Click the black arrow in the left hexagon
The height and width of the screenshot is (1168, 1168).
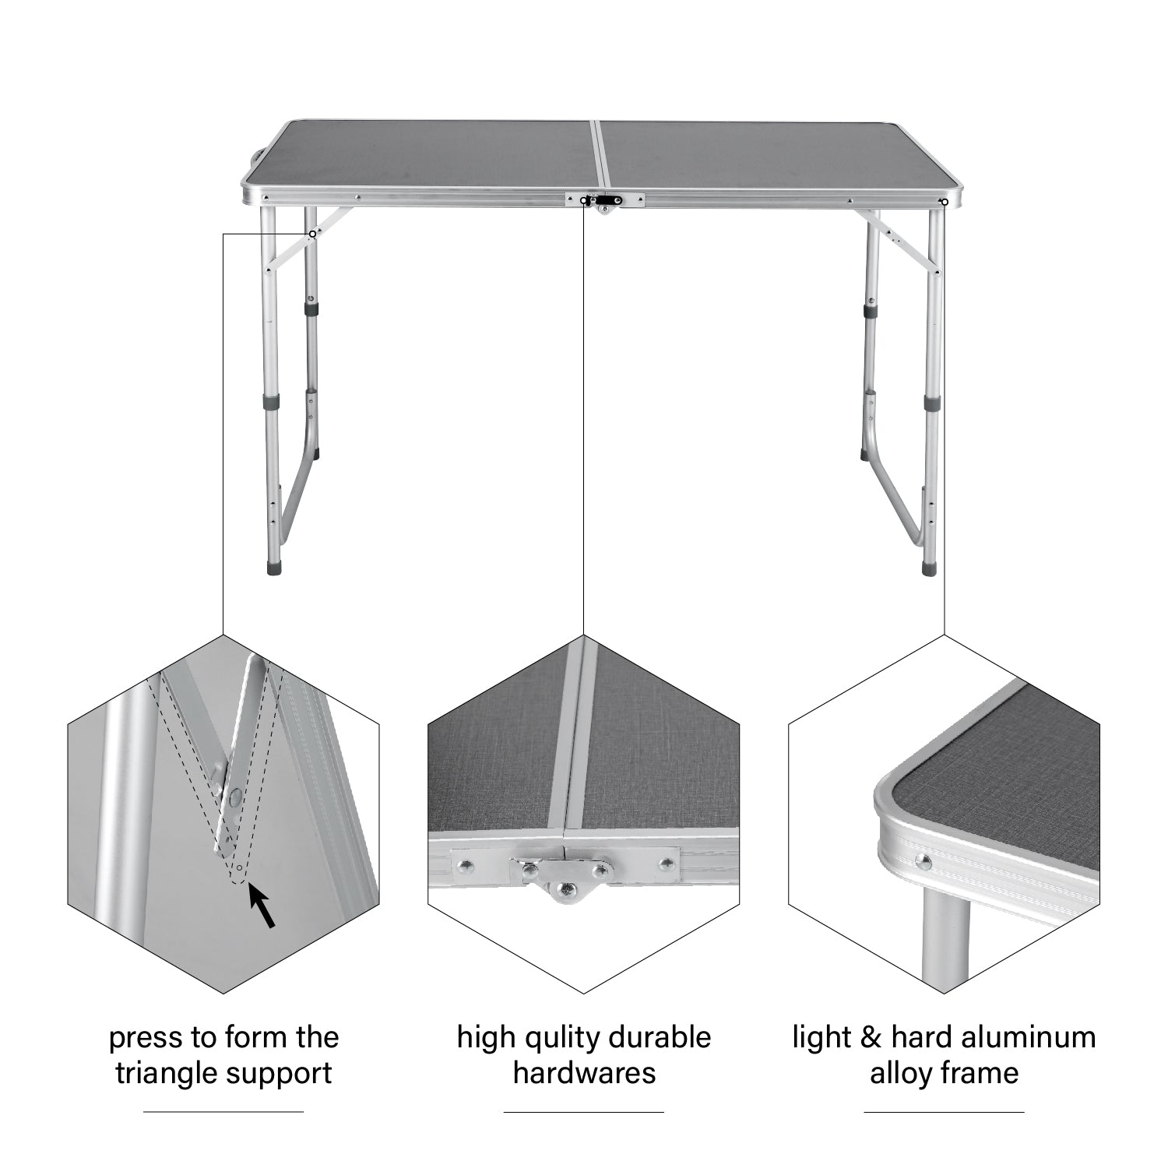(x=262, y=906)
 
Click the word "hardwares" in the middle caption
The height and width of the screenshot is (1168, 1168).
(x=584, y=1073)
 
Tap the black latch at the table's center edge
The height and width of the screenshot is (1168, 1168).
(x=603, y=200)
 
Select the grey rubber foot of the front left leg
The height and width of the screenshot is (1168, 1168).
(x=273, y=566)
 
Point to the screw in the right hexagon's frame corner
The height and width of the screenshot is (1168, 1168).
(x=923, y=860)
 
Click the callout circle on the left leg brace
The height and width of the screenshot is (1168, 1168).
(x=312, y=234)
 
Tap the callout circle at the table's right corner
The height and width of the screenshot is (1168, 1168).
(x=945, y=202)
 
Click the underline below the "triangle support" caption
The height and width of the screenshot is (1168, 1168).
(x=223, y=1112)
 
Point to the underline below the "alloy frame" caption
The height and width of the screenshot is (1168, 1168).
(x=944, y=1112)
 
